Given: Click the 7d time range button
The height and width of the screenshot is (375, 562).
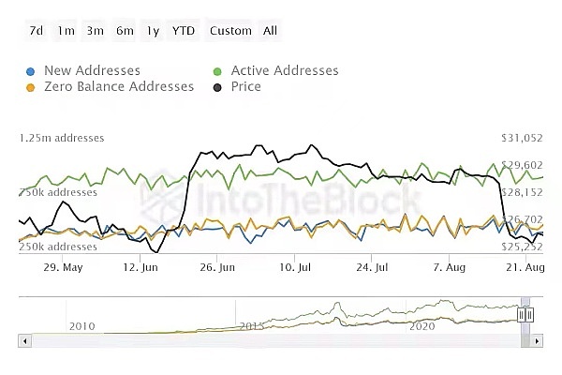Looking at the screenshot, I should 37,31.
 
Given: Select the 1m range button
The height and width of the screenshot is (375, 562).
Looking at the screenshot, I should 66,31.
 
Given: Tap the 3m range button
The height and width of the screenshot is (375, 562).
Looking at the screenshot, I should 96,31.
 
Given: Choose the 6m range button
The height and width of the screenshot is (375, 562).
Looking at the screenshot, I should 125,31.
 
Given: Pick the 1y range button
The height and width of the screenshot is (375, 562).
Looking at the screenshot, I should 153,31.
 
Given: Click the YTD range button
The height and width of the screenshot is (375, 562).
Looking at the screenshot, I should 184,31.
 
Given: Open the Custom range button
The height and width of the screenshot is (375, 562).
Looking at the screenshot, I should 230,31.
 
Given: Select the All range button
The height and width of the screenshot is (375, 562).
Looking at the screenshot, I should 271,31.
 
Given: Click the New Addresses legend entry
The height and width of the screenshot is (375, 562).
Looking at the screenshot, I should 91,70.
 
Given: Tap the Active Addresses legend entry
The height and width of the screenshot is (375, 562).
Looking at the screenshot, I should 284,70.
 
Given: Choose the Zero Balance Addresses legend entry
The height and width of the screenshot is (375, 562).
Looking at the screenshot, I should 118,86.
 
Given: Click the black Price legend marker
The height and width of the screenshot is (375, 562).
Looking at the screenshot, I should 218,87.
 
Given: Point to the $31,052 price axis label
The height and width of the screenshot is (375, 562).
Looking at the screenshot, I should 523,138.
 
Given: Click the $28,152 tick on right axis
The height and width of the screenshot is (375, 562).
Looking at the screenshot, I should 523,192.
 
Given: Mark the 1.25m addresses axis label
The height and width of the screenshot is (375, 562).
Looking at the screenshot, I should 62,138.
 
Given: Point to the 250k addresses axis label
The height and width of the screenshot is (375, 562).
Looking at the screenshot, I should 58,247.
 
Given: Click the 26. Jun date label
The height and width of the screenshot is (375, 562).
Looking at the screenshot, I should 218,267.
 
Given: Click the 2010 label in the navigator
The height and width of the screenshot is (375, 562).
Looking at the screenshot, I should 82,325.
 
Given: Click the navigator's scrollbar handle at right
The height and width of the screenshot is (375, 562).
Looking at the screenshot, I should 525,315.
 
